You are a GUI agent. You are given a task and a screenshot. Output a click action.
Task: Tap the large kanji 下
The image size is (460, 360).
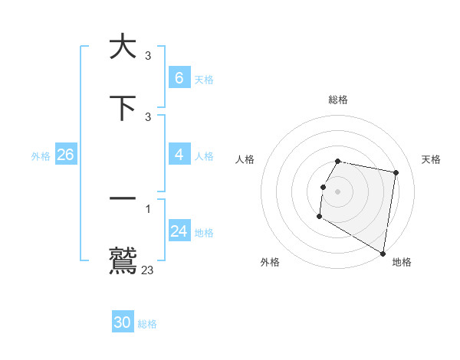pyautogui.click(x=123, y=107)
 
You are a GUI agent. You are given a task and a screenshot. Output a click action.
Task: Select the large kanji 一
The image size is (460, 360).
pyautogui.click(x=123, y=198)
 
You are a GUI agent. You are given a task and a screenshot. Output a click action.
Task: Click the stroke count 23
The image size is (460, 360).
pyautogui.click(x=148, y=270)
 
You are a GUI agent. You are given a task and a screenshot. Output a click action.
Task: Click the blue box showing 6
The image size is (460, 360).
pyautogui.click(x=179, y=77)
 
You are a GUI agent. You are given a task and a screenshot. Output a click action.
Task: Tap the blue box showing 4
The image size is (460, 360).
pyautogui.click(x=179, y=155)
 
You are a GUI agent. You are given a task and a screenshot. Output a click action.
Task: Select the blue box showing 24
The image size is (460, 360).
pyautogui.click(x=179, y=231)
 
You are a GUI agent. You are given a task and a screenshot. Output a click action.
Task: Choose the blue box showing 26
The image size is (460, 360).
pyautogui.click(x=65, y=155)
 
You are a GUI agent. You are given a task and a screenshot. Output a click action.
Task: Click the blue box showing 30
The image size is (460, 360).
pyautogui.click(x=123, y=322)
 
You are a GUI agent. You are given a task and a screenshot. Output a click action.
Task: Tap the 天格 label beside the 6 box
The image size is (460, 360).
pyautogui.click(x=204, y=79)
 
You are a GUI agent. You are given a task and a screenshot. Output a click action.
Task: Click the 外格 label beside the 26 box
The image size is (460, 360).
pyautogui.click(x=41, y=156)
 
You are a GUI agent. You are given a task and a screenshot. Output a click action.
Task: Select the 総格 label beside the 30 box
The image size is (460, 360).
pyautogui.click(x=147, y=324)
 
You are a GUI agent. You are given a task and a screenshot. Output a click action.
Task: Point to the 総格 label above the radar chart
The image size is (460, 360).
pyautogui.click(x=337, y=100)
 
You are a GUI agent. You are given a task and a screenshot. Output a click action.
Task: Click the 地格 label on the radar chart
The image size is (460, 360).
pyautogui.click(x=402, y=262)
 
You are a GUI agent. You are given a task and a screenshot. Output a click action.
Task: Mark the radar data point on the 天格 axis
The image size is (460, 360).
pyautogui.click(x=396, y=172)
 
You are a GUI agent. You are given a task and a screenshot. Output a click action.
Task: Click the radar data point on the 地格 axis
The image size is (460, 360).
pyautogui.click(x=383, y=254)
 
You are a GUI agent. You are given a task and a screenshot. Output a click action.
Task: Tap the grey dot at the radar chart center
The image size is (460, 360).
pyautogui.click(x=337, y=191)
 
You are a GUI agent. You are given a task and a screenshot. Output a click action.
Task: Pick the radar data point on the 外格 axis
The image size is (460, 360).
pyautogui.click(x=319, y=217)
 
